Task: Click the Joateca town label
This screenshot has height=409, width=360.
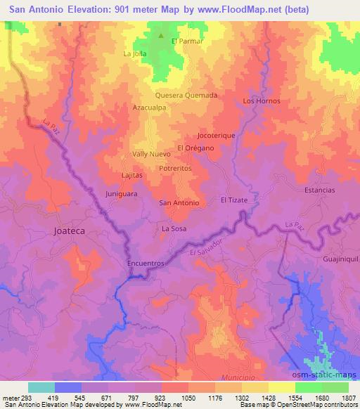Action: [68, 230]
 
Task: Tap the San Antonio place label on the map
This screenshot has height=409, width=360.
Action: [179, 203]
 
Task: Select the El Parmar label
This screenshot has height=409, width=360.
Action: [188, 41]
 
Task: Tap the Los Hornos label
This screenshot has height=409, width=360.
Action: [261, 101]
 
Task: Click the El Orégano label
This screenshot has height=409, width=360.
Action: [195, 148]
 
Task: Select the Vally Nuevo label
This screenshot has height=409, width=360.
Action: [151, 154]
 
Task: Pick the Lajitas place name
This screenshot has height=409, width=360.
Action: [131, 175]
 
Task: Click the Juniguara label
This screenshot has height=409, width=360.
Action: [120, 193]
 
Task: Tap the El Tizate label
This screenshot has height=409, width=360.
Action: [234, 200]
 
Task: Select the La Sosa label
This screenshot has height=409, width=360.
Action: [174, 229]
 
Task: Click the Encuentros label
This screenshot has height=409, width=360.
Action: [146, 263]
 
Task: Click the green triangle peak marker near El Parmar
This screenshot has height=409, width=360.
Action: [161, 36]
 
